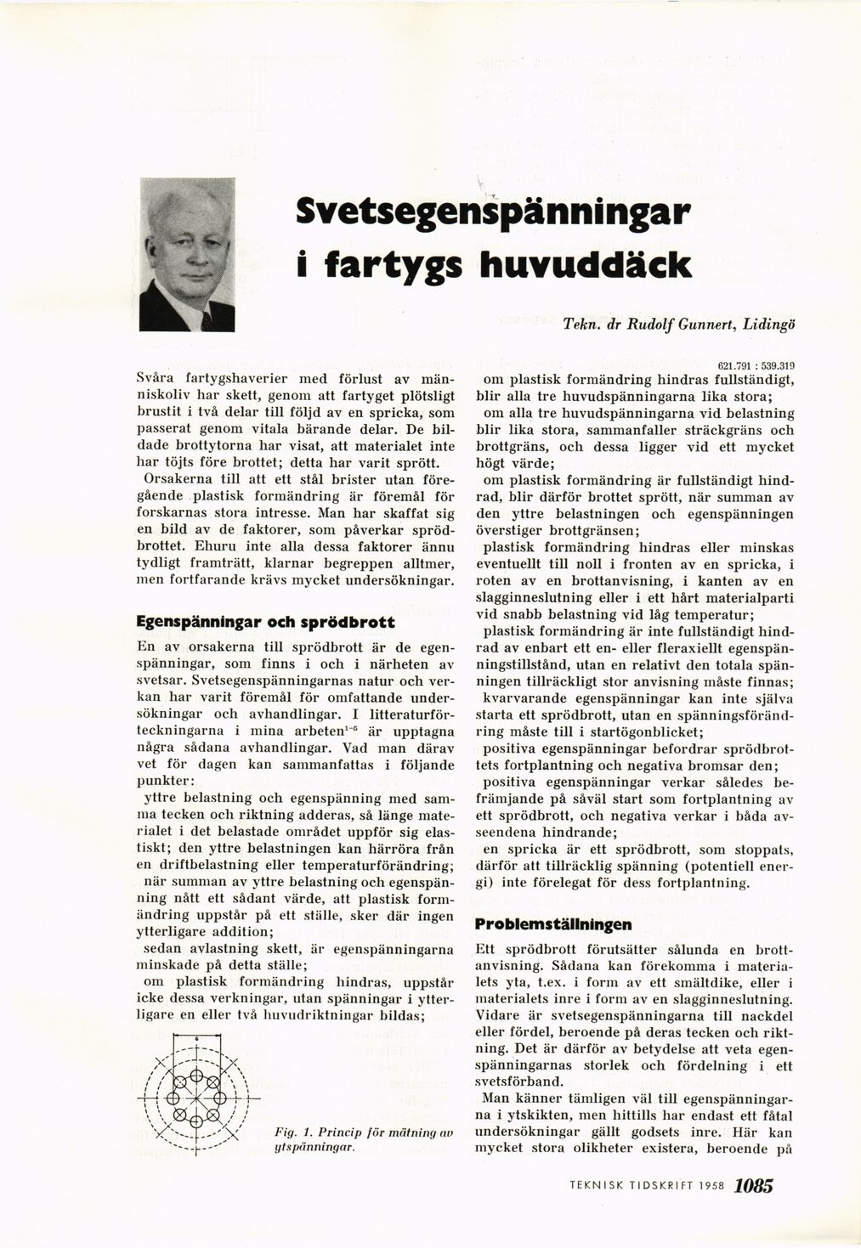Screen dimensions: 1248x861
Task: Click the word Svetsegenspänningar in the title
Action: [491, 212]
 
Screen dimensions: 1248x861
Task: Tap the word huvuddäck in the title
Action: [585, 264]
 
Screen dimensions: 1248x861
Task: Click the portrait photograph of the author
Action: [187, 255]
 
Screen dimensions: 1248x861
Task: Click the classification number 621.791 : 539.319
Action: [756, 365]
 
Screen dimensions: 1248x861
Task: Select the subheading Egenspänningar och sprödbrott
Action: [266, 622]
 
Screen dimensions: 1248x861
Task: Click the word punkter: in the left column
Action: [167, 780]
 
